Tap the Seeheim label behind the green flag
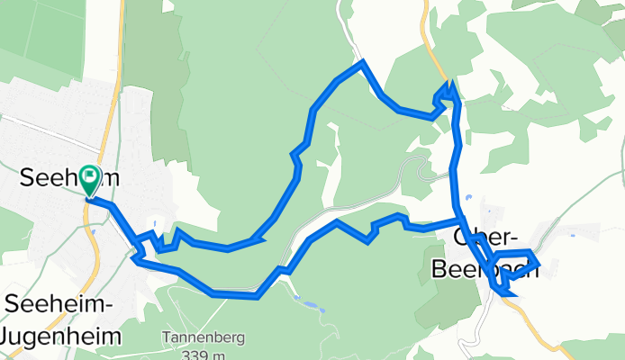click(x=54, y=178)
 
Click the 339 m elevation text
click(x=203, y=355)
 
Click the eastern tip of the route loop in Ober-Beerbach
click(x=538, y=264)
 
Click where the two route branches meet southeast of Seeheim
click(x=137, y=249)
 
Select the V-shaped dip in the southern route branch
click(x=368, y=240)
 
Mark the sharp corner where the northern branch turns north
click(x=260, y=238)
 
